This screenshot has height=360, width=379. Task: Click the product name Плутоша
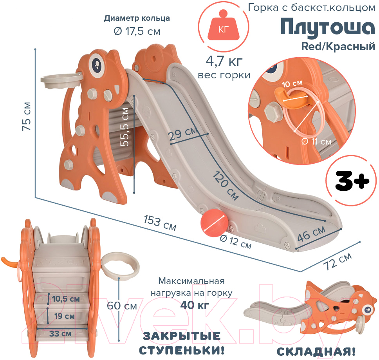pyautogui.click(x=328, y=27)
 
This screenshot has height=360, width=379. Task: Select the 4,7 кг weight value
pyautogui.click(x=224, y=61)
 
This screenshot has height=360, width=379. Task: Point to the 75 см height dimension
pyautogui.click(x=27, y=116)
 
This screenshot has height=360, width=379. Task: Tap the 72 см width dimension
pyautogui.click(x=337, y=261)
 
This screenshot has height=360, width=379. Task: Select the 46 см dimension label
pyautogui.click(x=311, y=234)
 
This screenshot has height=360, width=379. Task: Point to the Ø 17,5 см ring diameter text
pyautogui.click(x=137, y=31)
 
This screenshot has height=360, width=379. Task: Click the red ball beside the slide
pyautogui.click(x=214, y=223)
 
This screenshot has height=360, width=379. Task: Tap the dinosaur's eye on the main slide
pyautogui.click(x=97, y=64)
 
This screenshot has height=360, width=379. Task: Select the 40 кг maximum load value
pyautogui.click(x=195, y=305)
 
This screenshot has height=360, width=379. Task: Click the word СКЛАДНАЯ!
pyautogui.click(x=316, y=352)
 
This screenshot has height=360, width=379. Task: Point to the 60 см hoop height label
pyautogui.click(x=122, y=306)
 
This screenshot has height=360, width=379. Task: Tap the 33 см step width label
pyautogui.click(x=60, y=334)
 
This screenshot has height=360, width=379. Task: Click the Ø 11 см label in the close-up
pyautogui.click(x=316, y=141)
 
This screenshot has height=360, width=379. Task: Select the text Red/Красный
pyautogui.click(x=338, y=47)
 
